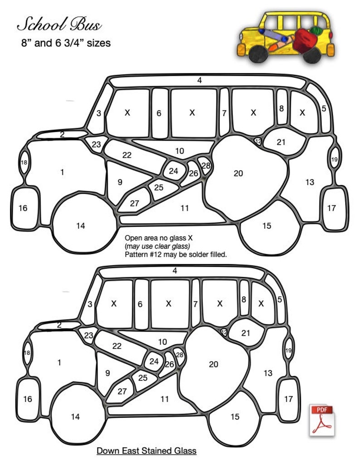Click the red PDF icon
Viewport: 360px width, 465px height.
pos(321,420)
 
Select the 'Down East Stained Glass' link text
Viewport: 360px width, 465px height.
pos(146,450)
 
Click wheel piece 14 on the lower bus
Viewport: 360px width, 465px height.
pos(75,416)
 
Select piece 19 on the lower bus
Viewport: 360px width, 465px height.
pos(288,350)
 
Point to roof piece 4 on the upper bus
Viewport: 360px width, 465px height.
pos(199,81)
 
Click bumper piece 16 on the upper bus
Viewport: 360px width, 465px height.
pos(23,208)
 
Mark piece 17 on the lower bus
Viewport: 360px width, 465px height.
pos(288,399)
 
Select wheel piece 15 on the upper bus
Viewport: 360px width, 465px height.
pos(267,225)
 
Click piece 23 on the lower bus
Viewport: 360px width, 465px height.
pos(88,336)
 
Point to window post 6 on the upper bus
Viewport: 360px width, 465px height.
pos(159,113)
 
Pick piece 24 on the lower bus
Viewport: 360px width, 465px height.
pos(154,362)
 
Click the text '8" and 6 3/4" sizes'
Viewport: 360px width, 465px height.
pos(65,44)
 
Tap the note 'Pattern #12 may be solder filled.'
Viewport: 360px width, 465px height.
pos(176,255)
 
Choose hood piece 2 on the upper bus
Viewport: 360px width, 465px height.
pos(62,134)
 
